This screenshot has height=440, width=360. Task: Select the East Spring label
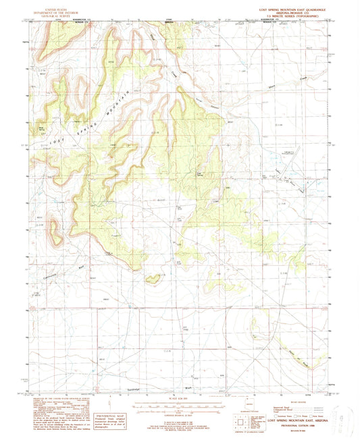(x=200, y=176)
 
